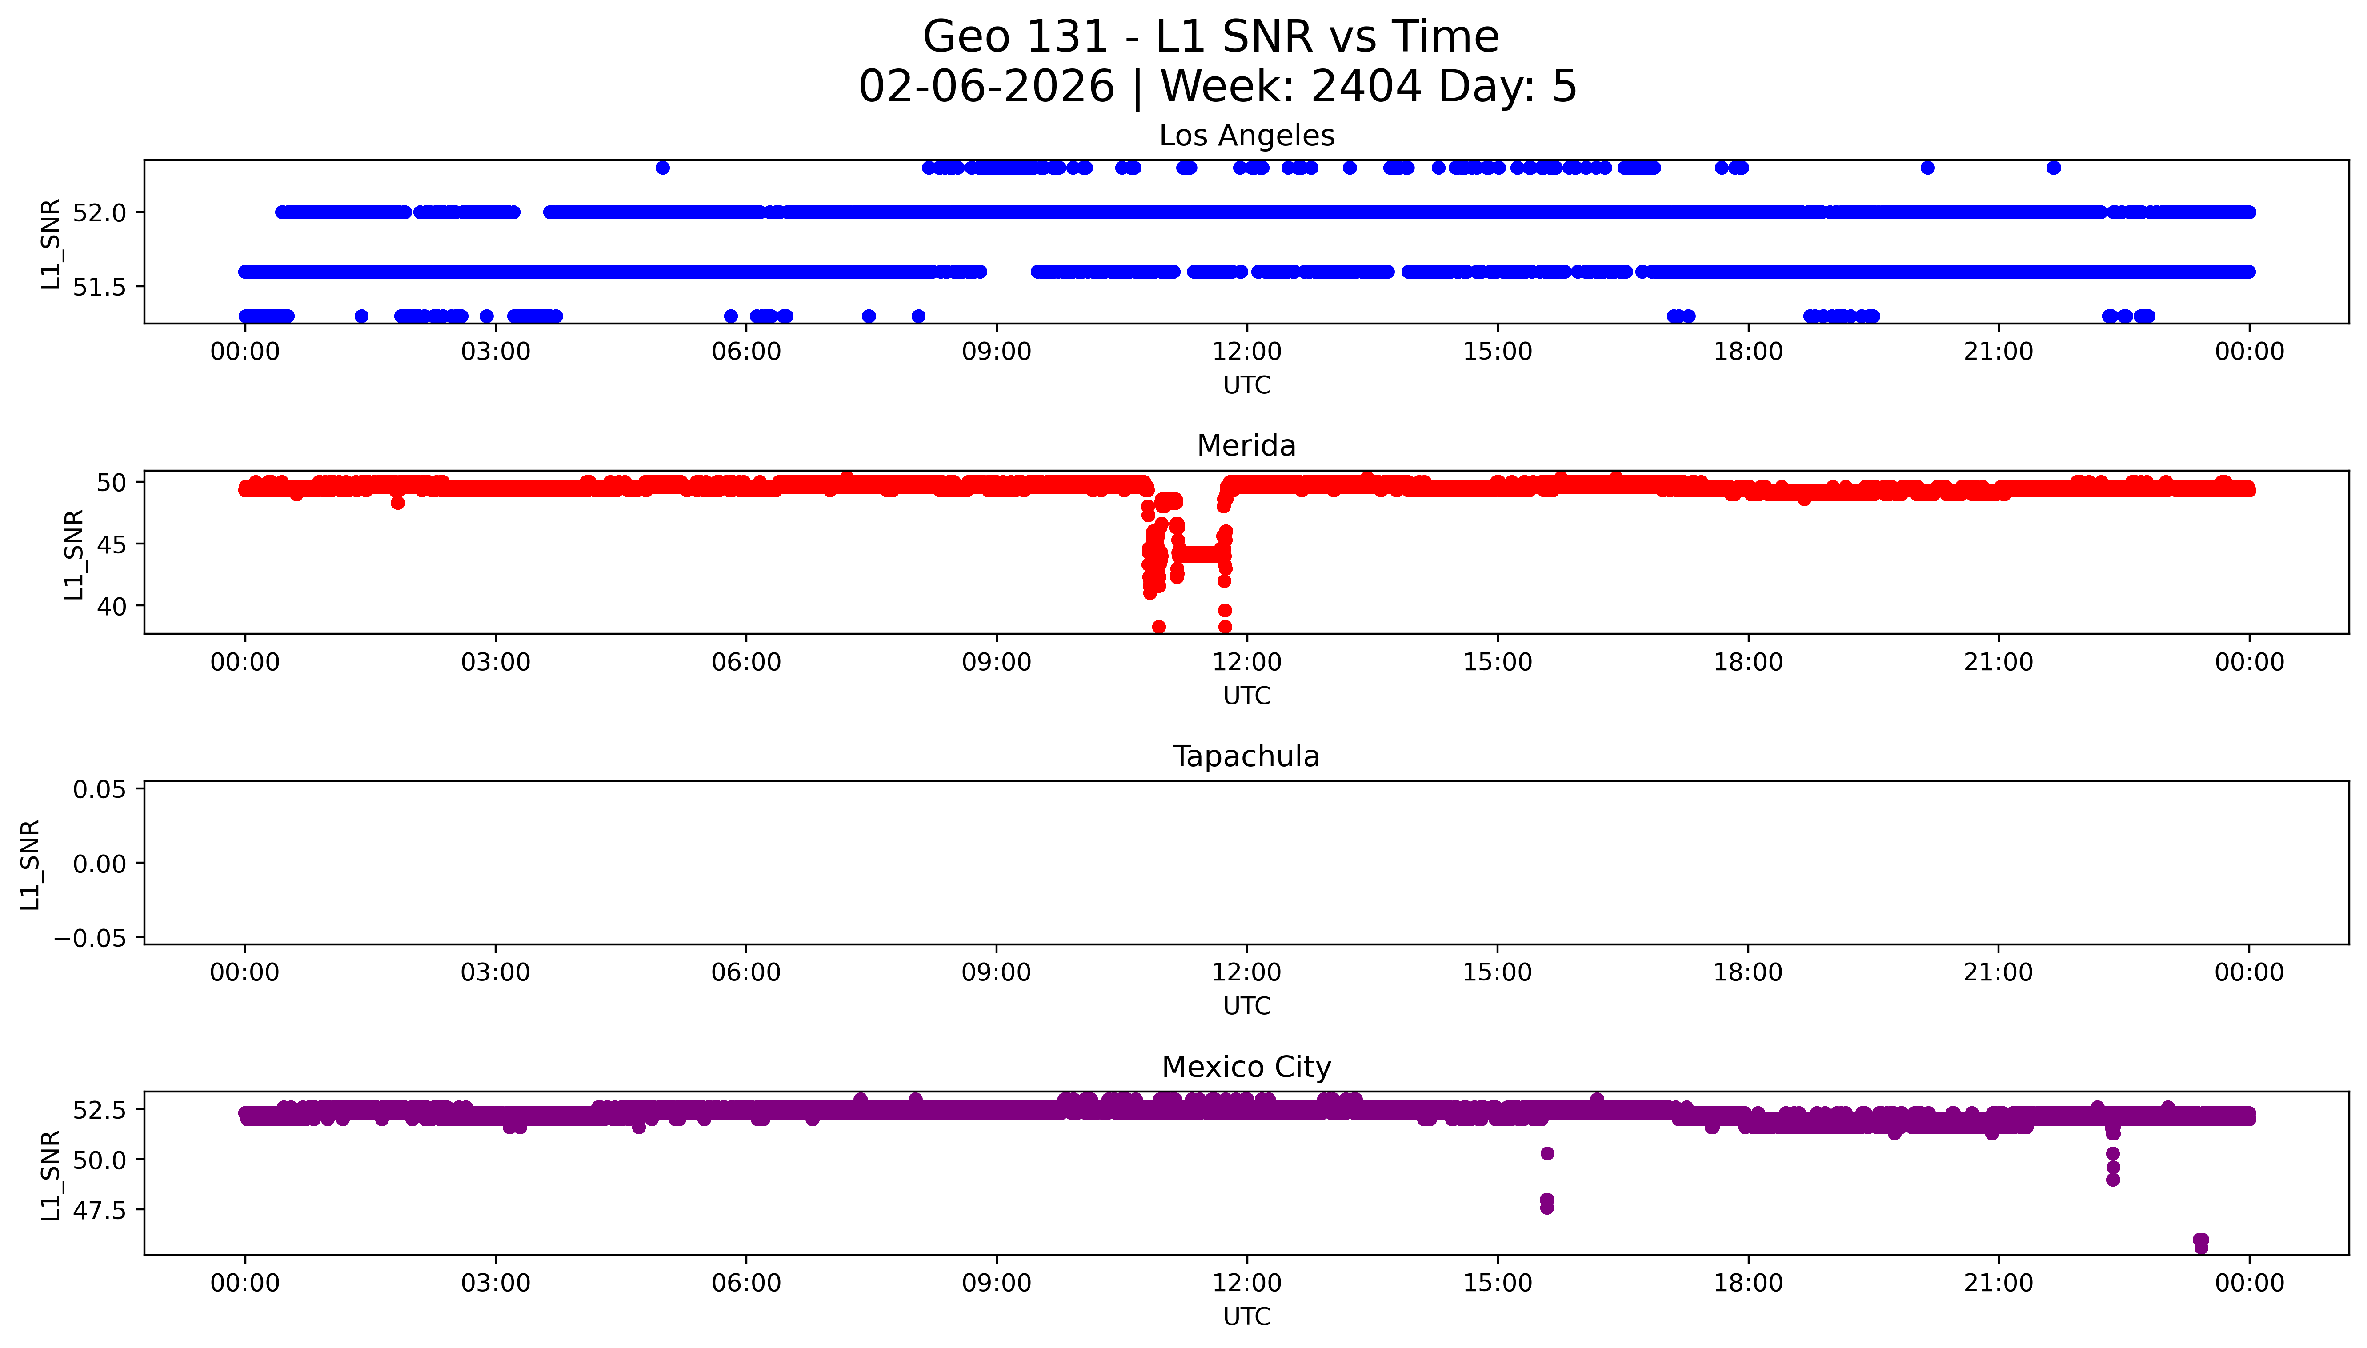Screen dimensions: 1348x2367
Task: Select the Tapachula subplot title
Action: click(x=1246, y=756)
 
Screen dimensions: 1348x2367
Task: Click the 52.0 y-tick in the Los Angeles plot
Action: click(x=99, y=212)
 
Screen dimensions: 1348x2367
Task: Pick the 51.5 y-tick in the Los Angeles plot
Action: click(x=99, y=287)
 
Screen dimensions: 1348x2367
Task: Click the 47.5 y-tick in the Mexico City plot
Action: click(x=99, y=1210)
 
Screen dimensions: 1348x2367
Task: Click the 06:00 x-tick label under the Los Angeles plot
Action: click(x=746, y=352)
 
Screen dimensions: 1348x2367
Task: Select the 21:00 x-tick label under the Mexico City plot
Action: click(x=1998, y=1283)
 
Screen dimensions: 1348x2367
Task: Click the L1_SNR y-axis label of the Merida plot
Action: click(x=74, y=554)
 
